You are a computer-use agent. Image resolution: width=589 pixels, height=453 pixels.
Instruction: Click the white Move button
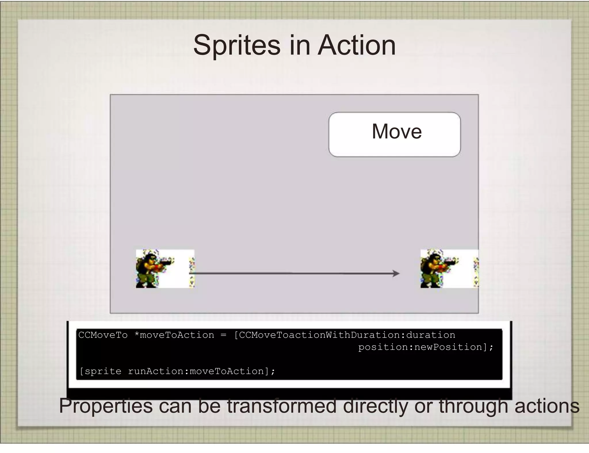pyautogui.click(x=394, y=134)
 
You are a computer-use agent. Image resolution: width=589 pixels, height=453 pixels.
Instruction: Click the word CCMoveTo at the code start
pyautogui.click(x=103, y=335)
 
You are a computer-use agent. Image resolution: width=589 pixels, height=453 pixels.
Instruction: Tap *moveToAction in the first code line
pyautogui.click(x=174, y=335)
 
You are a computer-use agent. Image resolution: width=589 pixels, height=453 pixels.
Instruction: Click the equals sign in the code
pyautogui.click(x=223, y=335)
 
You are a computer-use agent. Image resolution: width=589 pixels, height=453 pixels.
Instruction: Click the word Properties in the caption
pyautogui.click(x=106, y=406)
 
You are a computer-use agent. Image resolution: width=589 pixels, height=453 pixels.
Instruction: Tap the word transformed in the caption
pyautogui.click(x=282, y=406)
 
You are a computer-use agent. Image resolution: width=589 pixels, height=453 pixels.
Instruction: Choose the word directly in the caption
pyautogui.click(x=375, y=406)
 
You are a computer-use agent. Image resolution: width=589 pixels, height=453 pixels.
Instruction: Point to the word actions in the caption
pyautogui.click(x=547, y=406)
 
